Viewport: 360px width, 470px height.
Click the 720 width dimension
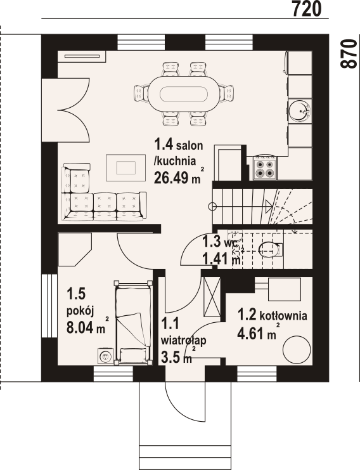[x=306, y=8]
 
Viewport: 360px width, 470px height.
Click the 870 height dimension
[x=349, y=54]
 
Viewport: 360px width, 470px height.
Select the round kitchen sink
[x=300, y=110]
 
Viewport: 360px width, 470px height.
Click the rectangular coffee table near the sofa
[x=125, y=167]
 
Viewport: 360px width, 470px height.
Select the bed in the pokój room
[x=133, y=322]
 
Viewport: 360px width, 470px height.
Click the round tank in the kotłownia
[x=297, y=349]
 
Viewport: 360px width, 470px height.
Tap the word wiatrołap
[x=183, y=341]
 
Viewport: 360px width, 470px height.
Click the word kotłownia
[x=283, y=316]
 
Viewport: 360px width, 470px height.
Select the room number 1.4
[x=164, y=145]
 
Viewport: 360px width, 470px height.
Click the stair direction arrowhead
[x=269, y=206]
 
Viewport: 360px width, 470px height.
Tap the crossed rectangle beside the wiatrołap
[x=212, y=297]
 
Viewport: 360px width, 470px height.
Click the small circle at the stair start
[x=212, y=206]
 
